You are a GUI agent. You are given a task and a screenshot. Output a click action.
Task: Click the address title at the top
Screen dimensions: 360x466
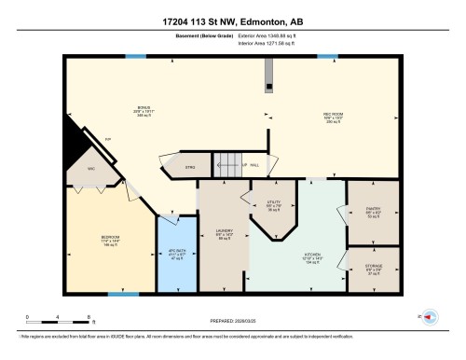pos(232,20)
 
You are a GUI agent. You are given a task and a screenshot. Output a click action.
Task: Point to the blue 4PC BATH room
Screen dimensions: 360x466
pos(176,252)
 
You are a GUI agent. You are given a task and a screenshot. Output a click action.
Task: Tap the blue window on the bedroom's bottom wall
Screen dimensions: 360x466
pos(117,295)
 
